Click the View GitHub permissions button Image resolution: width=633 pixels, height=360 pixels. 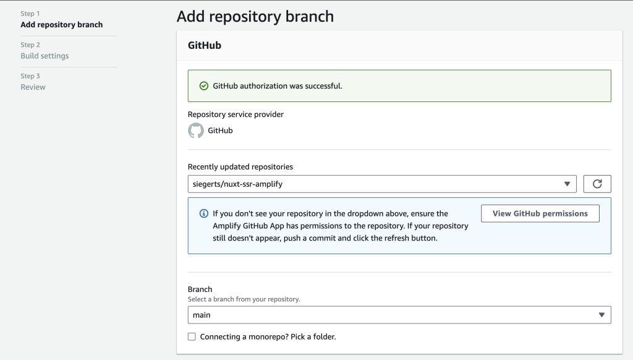540,213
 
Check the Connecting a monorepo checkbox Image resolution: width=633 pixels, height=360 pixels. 192,336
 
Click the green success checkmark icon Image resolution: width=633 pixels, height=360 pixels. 204,86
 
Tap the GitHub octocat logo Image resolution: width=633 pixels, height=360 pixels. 196,131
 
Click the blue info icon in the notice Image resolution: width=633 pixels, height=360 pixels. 203,213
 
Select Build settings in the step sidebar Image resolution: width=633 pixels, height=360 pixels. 45,56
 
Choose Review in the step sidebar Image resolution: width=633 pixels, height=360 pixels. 33,87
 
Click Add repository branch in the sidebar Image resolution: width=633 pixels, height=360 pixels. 61,25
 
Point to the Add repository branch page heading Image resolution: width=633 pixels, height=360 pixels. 255,16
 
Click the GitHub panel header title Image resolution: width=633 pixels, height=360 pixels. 204,45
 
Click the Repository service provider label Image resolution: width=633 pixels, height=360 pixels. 236,114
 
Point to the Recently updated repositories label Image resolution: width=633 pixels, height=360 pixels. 240,166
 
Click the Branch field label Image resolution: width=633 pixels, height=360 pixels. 200,289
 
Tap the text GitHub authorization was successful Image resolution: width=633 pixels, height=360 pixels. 277,86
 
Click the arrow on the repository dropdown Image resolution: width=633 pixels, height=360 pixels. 567,184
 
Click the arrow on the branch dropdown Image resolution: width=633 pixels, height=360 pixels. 601,315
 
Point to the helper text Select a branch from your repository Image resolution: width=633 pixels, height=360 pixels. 244,299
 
